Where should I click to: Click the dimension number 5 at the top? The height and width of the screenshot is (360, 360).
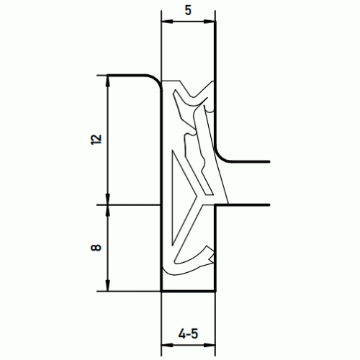click(x=188, y=11)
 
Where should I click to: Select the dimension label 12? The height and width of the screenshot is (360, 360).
click(x=96, y=140)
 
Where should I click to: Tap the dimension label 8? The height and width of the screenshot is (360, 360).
click(x=96, y=248)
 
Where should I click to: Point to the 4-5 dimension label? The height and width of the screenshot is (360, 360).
click(x=189, y=334)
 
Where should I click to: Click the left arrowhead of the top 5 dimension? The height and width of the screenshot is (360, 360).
click(x=167, y=22)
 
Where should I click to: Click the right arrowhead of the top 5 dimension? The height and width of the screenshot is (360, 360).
click(x=210, y=22)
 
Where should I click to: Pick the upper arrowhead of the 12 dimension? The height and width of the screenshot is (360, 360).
click(x=108, y=81)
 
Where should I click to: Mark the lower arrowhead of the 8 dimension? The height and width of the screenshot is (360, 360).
click(x=108, y=286)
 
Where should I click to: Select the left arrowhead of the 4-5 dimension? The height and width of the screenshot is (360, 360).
click(x=167, y=345)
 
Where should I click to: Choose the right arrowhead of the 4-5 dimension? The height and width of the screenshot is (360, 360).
click(x=210, y=345)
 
